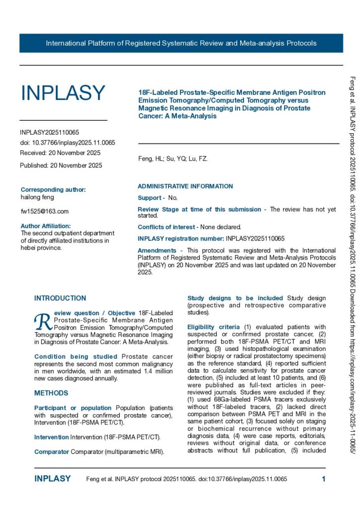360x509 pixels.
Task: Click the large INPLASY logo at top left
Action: point(63,93)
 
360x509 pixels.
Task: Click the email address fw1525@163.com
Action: point(45,211)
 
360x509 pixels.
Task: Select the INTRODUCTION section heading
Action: point(60,298)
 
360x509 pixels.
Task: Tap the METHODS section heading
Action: point(51,393)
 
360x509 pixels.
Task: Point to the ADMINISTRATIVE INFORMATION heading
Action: point(185,186)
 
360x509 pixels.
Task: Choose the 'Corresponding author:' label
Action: point(53,190)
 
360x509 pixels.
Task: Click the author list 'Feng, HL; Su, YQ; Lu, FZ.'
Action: point(173,159)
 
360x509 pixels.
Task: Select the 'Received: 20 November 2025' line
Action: point(60,153)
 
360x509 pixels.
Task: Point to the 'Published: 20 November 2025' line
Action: point(61,166)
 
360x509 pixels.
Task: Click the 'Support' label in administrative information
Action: point(150,198)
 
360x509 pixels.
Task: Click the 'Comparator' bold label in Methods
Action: point(52,452)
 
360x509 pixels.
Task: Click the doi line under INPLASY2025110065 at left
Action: point(68,143)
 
